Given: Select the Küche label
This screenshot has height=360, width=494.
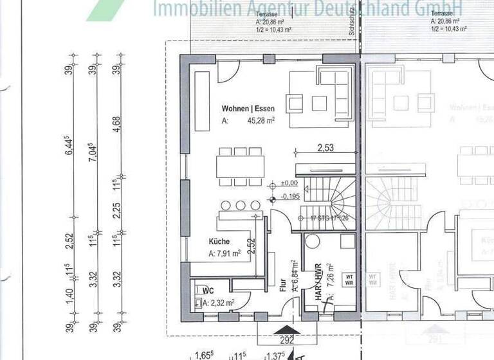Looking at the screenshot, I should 219,242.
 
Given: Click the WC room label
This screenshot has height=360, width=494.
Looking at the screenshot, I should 207,290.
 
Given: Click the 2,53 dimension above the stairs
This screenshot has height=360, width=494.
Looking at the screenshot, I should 326,148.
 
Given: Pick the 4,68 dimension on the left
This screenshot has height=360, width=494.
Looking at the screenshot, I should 116,123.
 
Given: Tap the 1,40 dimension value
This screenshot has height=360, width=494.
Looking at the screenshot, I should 69,296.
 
